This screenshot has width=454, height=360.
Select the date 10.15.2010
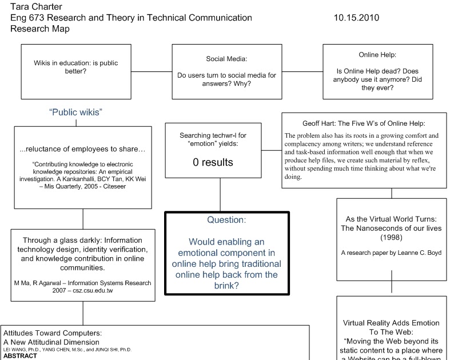(356, 18)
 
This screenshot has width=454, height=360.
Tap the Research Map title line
(40, 29)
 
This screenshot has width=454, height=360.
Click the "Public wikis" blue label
(75, 112)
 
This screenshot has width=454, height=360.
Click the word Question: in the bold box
(226, 219)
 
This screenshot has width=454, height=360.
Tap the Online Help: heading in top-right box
(377, 55)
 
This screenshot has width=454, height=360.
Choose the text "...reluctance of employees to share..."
(82, 150)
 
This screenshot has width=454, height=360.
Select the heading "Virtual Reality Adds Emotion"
(391, 323)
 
